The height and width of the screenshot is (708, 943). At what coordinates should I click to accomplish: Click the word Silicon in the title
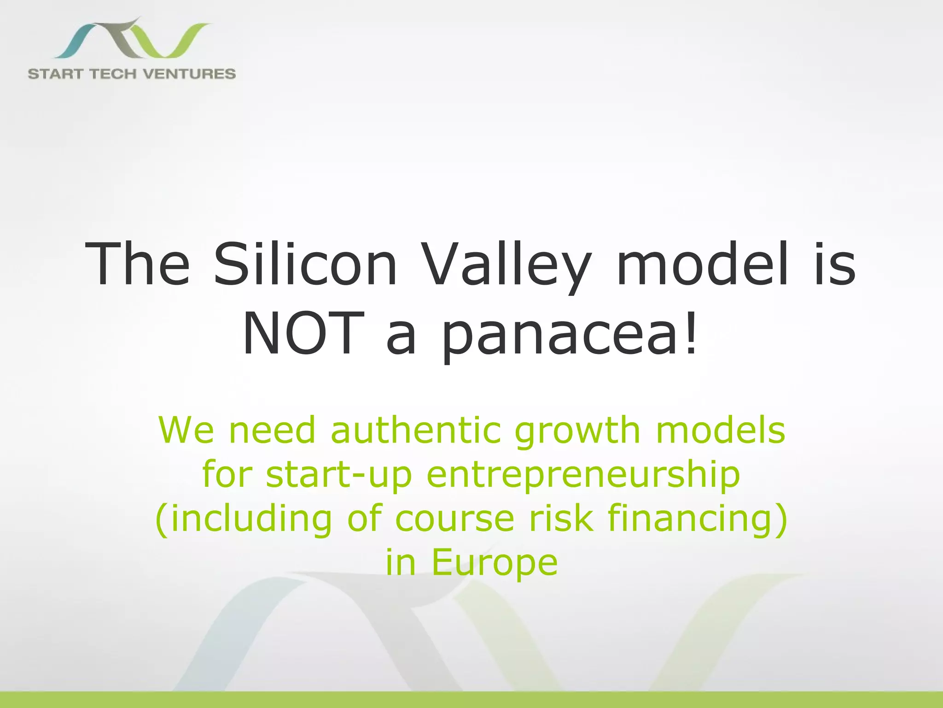pos(305,265)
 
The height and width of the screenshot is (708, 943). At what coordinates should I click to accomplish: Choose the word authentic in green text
pos(415,430)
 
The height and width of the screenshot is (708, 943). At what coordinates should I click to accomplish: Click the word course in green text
pos(454,519)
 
